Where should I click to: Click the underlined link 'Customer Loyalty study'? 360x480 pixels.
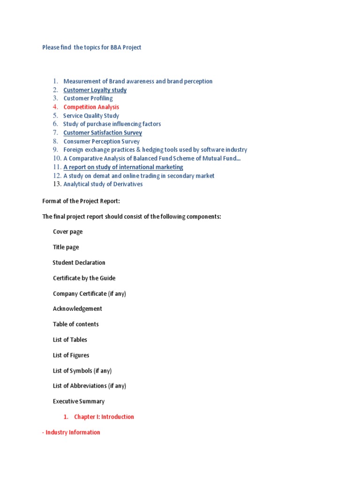tap(95, 90)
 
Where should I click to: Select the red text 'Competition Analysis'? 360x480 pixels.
tap(91, 107)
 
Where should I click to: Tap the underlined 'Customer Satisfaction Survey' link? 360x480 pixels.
tap(103, 133)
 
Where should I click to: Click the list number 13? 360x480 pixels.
tap(57, 184)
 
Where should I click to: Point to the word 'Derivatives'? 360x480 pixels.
tap(127, 184)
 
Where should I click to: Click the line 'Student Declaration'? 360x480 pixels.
tap(79, 262)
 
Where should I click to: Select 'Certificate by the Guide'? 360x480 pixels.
tap(84, 278)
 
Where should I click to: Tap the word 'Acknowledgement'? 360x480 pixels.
tap(77, 309)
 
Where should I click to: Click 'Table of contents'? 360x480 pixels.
tap(75, 324)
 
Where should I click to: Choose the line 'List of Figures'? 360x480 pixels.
tap(71, 355)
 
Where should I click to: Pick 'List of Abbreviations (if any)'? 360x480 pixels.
tap(90, 386)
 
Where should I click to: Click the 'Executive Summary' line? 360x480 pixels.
tap(78, 401)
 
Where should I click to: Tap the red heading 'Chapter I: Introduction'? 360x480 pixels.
tap(104, 417)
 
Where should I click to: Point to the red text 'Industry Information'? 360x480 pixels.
tap(73, 432)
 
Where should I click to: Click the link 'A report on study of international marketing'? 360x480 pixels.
tap(123, 167)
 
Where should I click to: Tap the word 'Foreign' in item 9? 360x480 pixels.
tap(74, 150)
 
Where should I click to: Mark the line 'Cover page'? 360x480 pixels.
tap(67, 232)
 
